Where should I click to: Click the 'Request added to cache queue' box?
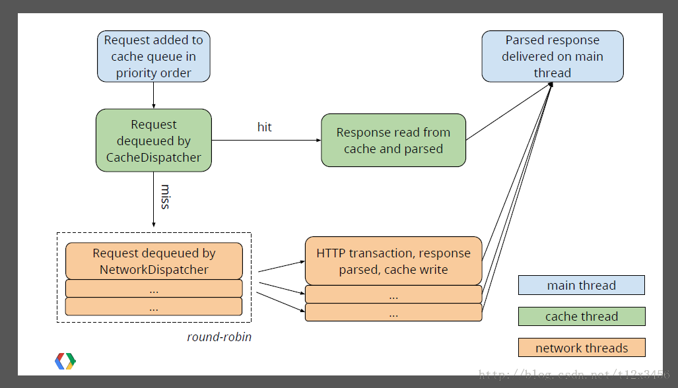(x=154, y=56)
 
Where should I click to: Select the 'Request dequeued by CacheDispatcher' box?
(x=154, y=141)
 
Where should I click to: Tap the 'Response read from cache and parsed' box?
(x=393, y=141)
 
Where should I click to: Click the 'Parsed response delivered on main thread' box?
(x=552, y=56)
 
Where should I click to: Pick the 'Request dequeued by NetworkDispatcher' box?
(x=154, y=261)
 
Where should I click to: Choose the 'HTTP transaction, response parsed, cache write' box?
(x=393, y=261)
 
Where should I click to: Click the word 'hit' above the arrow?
(x=264, y=127)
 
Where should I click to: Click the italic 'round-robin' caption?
(x=219, y=337)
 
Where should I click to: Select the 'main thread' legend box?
(x=581, y=285)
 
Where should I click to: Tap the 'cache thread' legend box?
(x=581, y=317)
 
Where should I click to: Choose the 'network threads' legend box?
(x=581, y=348)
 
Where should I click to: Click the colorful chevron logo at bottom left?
(x=65, y=360)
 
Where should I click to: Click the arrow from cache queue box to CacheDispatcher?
(x=154, y=95)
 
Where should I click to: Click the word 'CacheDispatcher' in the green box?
(x=154, y=158)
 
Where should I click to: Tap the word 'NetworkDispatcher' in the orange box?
(x=154, y=270)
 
